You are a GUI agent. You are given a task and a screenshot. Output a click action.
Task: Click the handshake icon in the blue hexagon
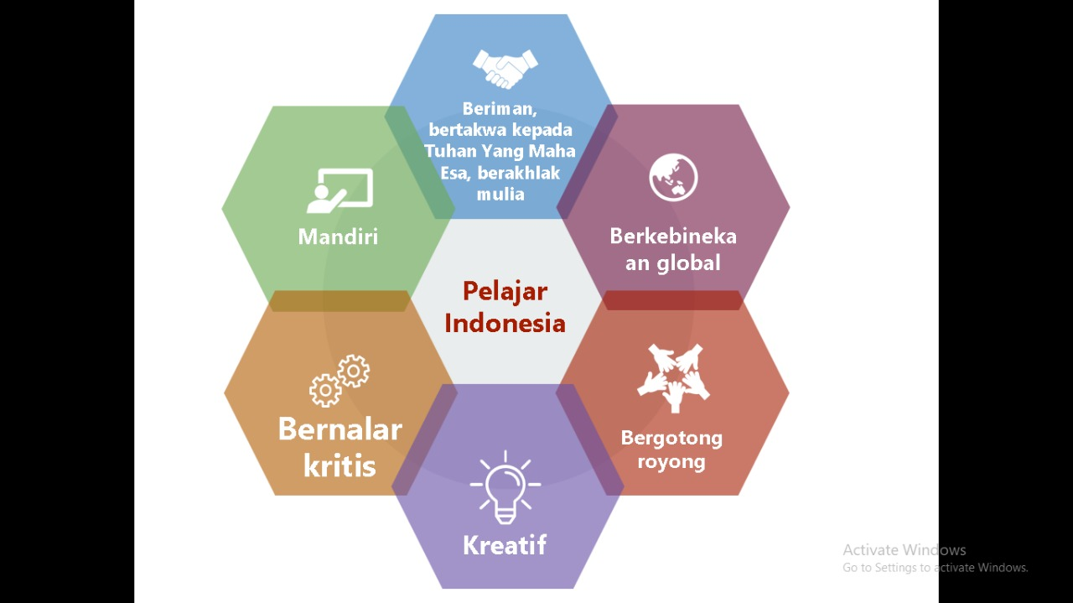[505, 68]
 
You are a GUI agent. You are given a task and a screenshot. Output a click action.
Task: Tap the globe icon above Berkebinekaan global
[673, 178]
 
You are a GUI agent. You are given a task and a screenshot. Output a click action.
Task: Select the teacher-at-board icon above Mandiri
[339, 190]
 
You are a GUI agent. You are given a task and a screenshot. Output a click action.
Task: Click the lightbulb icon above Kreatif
[505, 486]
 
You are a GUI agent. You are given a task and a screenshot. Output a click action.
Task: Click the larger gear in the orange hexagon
[325, 390]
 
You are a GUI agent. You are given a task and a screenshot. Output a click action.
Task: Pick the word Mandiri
[338, 237]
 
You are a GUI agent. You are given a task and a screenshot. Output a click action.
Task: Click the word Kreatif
[505, 545]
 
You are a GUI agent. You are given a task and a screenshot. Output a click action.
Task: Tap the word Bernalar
[340, 429]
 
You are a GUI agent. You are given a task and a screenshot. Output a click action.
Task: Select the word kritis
[340, 465]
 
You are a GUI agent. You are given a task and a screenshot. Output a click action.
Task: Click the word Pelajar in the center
[505, 291]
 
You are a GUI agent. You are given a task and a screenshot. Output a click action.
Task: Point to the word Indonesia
[505, 323]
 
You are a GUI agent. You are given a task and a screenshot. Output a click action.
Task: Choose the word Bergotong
[671, 438]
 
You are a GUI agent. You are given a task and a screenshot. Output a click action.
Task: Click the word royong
[671, 461]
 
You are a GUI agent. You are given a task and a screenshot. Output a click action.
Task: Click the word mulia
[500, 194]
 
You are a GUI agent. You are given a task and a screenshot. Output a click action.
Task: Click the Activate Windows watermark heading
[905, 550]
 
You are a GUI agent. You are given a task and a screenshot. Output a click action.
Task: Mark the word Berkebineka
[673, 236]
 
